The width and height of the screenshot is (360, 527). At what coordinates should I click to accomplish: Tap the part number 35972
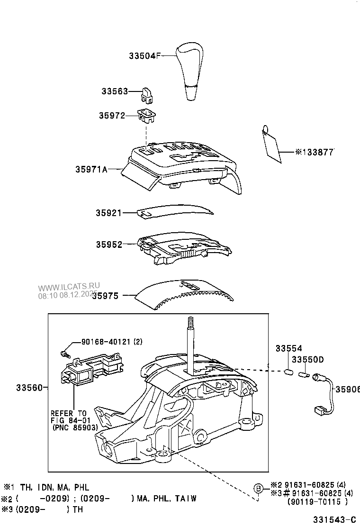[112, 115]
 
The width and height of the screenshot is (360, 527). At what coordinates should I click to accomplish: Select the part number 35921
[109, 213]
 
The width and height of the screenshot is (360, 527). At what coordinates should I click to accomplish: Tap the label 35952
[109, 245]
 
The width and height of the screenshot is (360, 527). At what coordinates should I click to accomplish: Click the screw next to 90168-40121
[65, 354]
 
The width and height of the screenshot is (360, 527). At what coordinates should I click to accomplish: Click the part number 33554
[289, 348]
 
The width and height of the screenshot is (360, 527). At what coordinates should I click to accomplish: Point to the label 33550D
[307, 360]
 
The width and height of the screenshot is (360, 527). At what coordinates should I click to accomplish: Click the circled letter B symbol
[258, 489]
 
